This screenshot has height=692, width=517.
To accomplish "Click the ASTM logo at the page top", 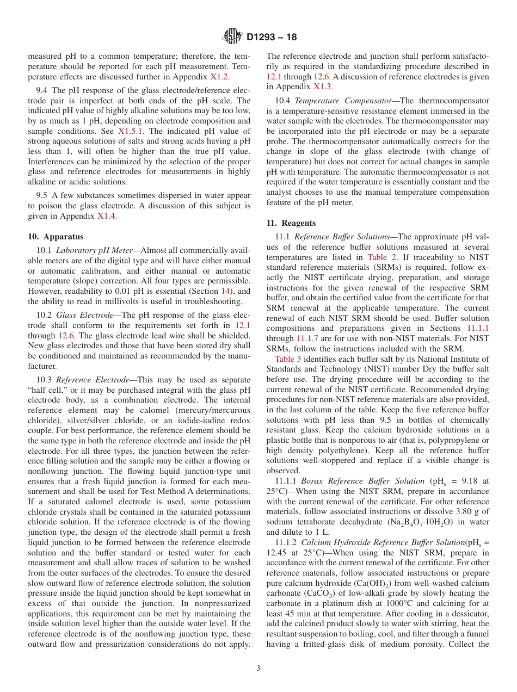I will click(x=232, y=37).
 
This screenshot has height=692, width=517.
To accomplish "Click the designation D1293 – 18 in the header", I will click(x=272, y=38).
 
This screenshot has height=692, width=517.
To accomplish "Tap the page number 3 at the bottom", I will click(x=258, y=669).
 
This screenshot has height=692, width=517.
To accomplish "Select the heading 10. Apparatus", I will click(x=56, y=237).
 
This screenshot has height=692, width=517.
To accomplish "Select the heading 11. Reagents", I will click(x=291, y=223).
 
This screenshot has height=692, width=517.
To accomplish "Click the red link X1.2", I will click(x=220, y=77).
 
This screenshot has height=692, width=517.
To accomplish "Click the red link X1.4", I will click(x=107, y=216).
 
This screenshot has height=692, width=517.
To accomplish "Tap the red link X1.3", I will click(x=323, y=86).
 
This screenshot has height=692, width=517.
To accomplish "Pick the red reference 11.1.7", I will click(x=309, y=338).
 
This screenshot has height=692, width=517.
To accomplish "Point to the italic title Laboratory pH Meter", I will click(x=98, y=250).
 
